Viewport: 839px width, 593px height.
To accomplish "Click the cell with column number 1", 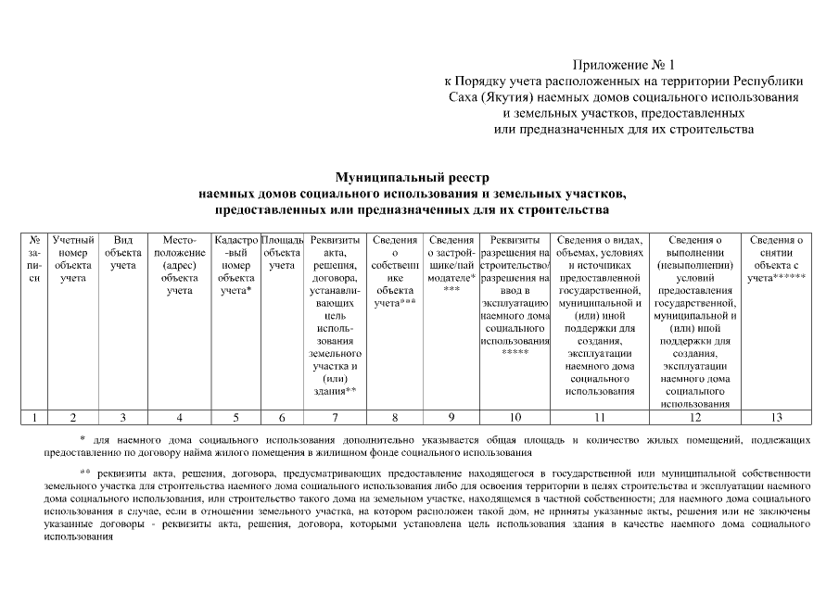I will pyautogui.click(x=34, y=416).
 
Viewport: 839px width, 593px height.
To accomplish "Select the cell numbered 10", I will pyautogui.click(x=515, y=416).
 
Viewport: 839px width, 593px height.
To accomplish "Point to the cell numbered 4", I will pyautogui.click(x=179, y=416).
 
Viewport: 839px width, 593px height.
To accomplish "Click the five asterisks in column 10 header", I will pyautogui.click(x=515, y=353).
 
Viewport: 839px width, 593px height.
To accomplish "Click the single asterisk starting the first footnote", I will pyautogui.click(x=83, y=439).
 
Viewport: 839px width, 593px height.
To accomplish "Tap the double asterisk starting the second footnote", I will pyautogui.click(x=85, y=473).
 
